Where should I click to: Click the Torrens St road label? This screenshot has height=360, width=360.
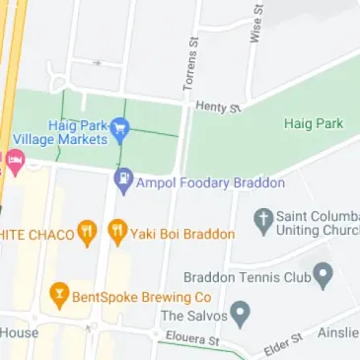coord(191,66)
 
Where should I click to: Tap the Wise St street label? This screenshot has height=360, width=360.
coord(257,22)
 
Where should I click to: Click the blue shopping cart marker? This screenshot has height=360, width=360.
coord(120,127)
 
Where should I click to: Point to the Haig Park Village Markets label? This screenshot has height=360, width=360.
coord(61,132)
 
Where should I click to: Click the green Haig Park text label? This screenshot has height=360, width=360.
coord(313,123)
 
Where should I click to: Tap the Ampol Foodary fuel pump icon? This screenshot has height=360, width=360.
coord(123,180)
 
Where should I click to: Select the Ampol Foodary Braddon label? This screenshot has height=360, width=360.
coord(211,183)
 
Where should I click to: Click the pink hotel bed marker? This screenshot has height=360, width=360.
coord(14,161)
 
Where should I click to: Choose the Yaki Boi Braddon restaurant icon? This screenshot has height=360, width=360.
coord(117,231)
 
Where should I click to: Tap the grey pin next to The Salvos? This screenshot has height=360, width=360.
coord(240,315)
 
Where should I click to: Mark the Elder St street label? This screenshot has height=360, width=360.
coord(282,345)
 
